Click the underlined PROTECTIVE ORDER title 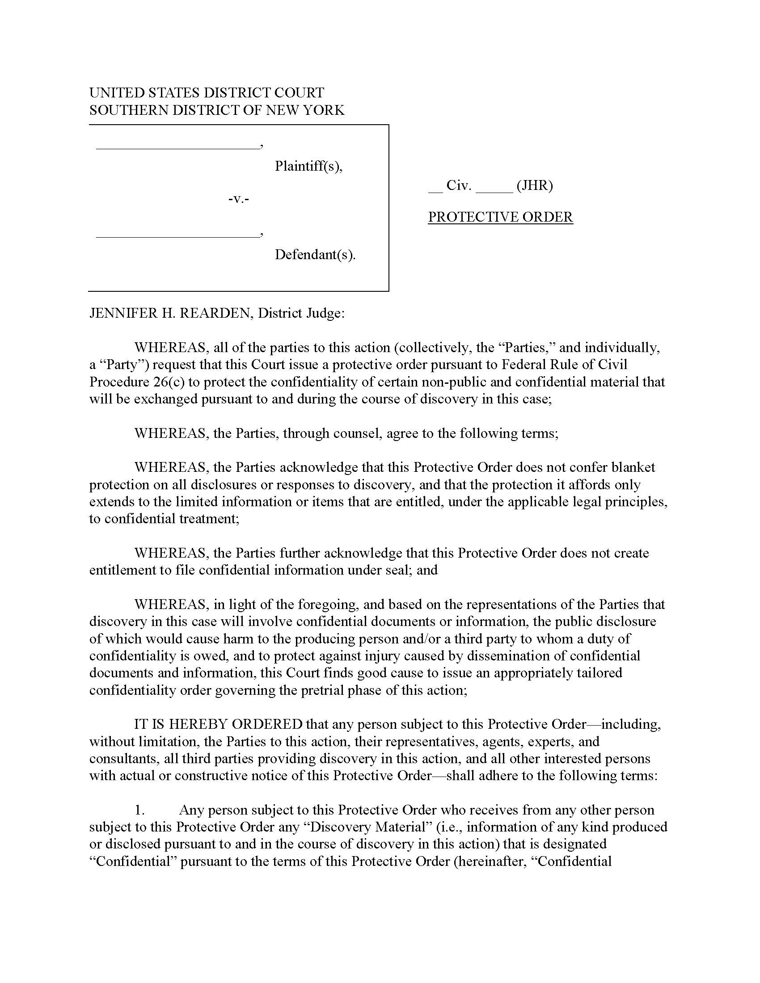[x=500, y=217]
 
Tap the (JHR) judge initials [x=534, y=185]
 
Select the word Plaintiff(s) [x=308, y=166]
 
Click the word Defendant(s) [x=315, y=255]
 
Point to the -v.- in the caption [x=239, y=198]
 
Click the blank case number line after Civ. [x=494, y=191]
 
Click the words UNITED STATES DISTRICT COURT [x=206, y=93]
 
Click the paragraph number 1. [x=139, y=810]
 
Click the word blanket [x=633, y=467]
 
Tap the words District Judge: [x=301, y=313]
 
